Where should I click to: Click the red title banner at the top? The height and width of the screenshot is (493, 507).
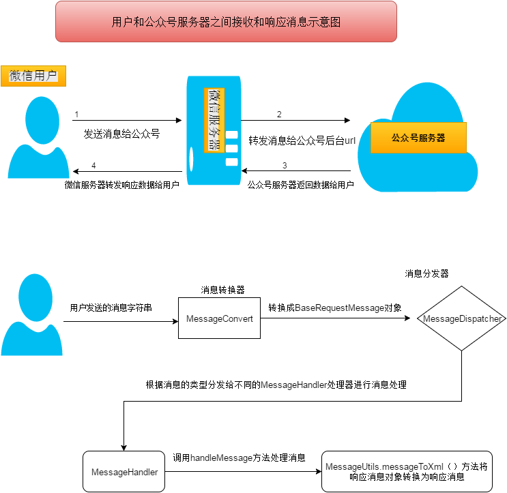[226, 22]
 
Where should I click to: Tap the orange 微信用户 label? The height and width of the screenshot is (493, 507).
[33, 76]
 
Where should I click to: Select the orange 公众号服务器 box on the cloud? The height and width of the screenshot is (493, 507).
[418, 138]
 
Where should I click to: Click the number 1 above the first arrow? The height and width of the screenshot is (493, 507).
[77, 114]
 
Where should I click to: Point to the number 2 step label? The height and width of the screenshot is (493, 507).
[279, 114]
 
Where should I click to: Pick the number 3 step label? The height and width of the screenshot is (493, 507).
[285, 166]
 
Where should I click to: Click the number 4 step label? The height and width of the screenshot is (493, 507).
[93, 166]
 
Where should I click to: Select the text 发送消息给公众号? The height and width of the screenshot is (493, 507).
[121, 134]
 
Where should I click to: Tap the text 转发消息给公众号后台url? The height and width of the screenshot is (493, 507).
[302, 140]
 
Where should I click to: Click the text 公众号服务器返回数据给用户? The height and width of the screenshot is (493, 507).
[300, 185]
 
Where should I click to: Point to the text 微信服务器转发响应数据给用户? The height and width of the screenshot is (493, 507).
[121, 185]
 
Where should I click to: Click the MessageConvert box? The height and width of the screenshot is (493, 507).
[220, 318]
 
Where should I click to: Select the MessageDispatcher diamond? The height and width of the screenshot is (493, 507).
[463, 318]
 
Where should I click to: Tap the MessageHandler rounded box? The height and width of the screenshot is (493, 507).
[125, 472]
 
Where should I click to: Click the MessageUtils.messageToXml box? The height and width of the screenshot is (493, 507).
[406, 472]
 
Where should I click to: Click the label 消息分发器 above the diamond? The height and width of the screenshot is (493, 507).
[426, 273]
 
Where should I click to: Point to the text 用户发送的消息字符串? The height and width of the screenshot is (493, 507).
[111, 308]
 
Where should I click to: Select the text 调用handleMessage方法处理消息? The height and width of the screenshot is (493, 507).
[238, 458]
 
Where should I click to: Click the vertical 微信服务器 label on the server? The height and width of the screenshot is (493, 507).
[214, 119]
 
